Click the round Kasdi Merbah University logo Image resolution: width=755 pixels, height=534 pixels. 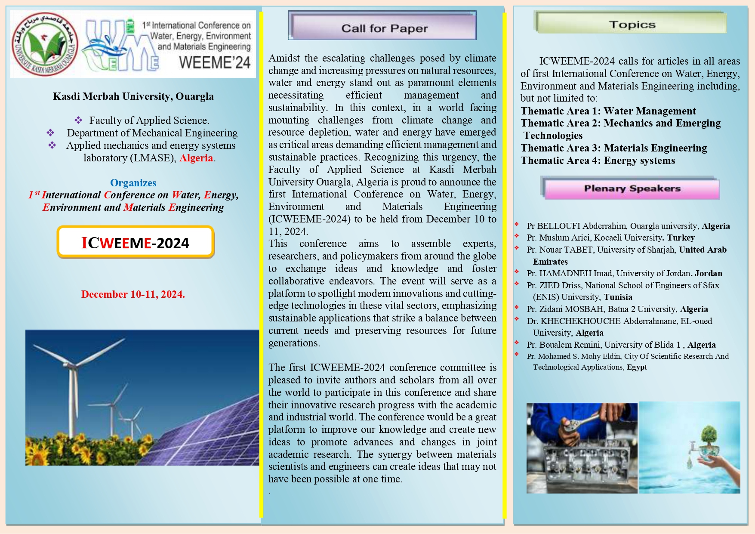tap(45, 44)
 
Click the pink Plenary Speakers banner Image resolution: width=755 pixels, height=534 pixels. tap(631, 188)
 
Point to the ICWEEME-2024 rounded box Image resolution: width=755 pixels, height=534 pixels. tap(135, 243)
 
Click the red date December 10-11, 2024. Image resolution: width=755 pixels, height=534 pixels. tap(133, 294)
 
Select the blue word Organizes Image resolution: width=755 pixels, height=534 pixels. tap(133, 183)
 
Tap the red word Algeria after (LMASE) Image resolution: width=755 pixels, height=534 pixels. tap(196, 158)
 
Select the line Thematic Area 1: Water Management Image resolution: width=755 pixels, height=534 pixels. tap(608, 111)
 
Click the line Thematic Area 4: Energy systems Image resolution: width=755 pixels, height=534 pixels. tap(598, 161)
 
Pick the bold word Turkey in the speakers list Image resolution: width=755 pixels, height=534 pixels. tap(681, 238)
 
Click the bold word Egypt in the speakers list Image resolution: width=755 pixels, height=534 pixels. tap(637, 367)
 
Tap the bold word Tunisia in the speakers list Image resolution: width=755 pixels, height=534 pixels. tap(618, 297)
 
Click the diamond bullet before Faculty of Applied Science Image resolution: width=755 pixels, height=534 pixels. tap(78, 120)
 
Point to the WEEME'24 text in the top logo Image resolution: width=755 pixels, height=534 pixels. tap(214, 63)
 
